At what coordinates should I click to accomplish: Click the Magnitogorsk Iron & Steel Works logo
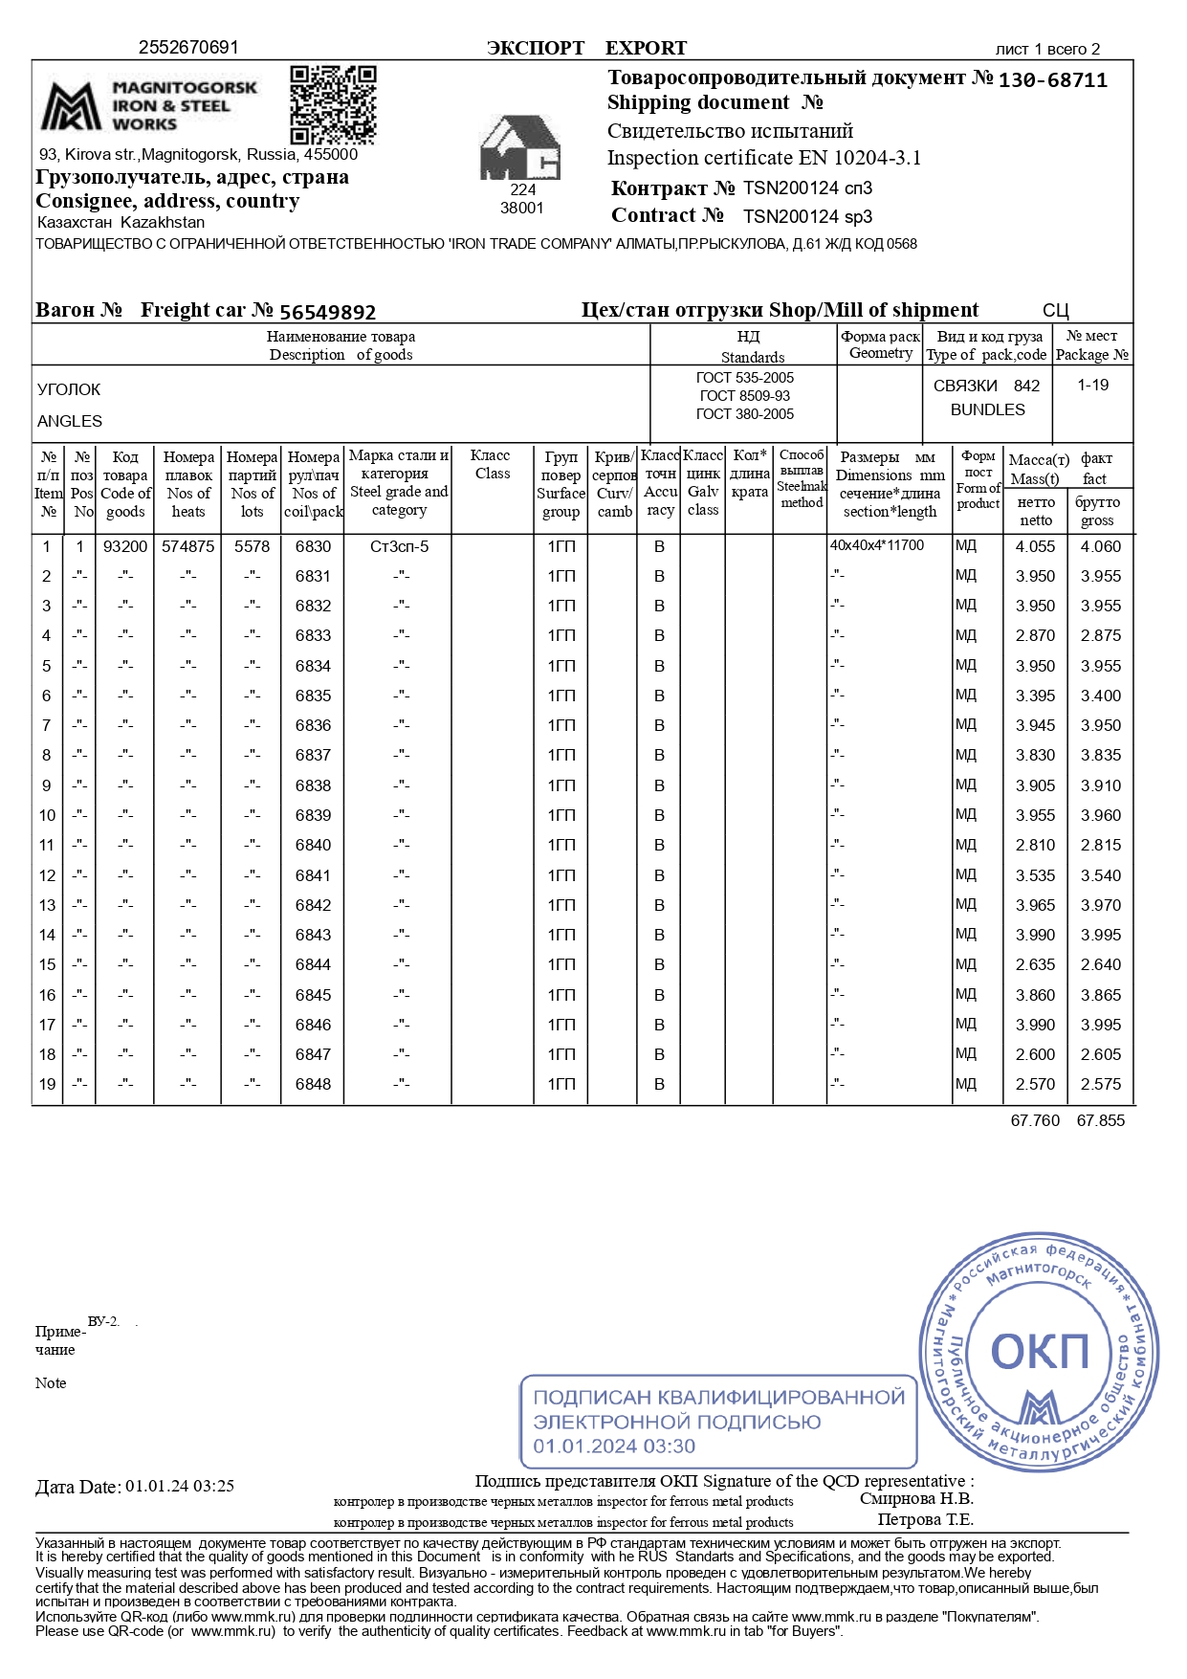coord(148,105)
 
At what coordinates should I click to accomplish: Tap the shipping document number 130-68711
coord(1052,80)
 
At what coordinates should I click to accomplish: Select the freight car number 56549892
coord(327,312)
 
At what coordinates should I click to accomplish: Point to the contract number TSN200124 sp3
coord(807,216)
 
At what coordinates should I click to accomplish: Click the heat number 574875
coord(187,546)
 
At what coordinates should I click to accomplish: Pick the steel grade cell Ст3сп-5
coord(399,546)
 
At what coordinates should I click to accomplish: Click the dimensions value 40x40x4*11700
coord(877,545)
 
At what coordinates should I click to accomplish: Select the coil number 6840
coord(313,845)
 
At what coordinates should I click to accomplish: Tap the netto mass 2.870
coord(1035,635)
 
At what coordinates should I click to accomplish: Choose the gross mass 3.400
coord(1100,696)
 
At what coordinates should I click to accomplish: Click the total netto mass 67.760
coord(1035,1120)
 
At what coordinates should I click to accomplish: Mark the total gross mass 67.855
coord(1100,1120)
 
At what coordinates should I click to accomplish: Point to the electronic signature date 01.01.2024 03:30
coord(614,1447)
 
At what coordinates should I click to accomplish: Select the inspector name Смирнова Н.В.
coord(915,1499)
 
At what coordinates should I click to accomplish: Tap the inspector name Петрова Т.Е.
coord(925,1520)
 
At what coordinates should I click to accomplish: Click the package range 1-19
coord(1092,385)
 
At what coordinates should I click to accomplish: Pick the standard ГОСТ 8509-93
coord(744,396)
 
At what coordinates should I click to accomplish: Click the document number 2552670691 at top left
coord(188,47)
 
